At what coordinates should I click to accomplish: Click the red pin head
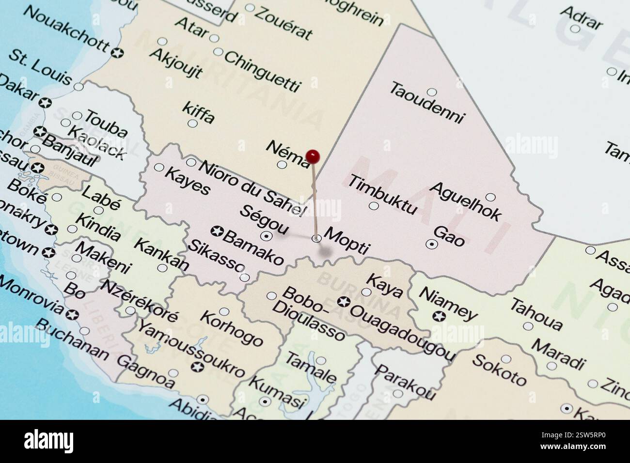click(x=313, y=156)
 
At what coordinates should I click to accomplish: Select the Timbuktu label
click(x=382, y=194)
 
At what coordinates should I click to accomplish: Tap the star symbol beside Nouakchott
click(x=116, y=52)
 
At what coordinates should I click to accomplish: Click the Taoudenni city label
click(x=427, y=103)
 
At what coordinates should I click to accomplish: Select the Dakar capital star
click(x=46, y=103)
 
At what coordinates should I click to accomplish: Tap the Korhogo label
click(x=231, y=328)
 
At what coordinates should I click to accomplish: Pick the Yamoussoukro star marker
click(x=197, y=367)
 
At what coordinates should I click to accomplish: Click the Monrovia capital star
click(x=72, y=315)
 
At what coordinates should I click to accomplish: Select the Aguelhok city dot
click(x=490, y=197)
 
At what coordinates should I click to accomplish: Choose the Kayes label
click(x=188, y=181)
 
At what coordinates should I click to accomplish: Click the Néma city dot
click(x=282, y=164)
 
